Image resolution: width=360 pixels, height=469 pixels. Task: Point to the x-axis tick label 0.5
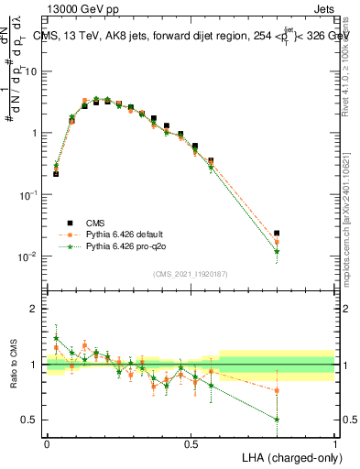click(x=191, y=442)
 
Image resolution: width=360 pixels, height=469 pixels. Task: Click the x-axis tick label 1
click(x=334, y=442)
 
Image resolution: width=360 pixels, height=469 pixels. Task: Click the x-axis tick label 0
click(x=47, y=442)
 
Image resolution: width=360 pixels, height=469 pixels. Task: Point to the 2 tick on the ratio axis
click(x=34, y=309)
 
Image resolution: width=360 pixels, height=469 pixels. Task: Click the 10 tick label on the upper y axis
click(x=30, y=71)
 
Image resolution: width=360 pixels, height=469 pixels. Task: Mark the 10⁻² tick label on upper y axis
click(x=28, y=256)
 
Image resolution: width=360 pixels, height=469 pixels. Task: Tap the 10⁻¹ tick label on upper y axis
click(x=28, y=195)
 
